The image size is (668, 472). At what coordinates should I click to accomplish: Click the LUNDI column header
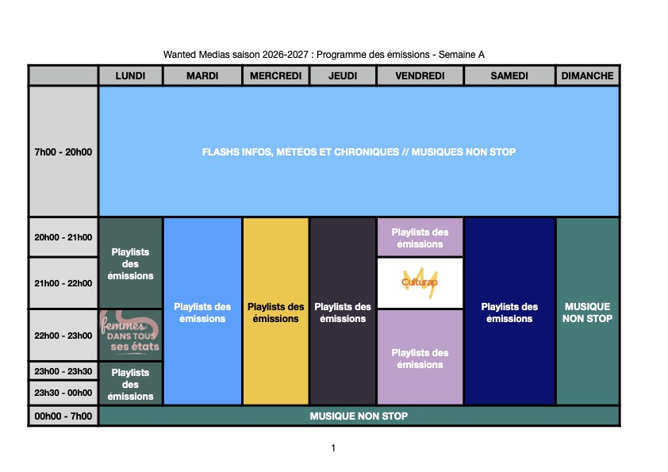coord(130,76)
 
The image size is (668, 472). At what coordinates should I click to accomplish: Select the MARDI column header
coord(202,76)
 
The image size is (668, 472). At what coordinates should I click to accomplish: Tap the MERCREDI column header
coord(275,76)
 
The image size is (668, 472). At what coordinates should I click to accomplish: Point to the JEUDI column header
coord(343,76)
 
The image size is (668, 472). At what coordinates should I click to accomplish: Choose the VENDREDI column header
coord(420,76)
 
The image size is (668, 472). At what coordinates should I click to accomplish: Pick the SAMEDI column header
coord(509,76)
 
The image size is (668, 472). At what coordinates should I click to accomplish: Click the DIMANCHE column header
coord(588,76)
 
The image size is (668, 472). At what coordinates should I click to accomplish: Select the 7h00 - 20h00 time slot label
coord(63,152)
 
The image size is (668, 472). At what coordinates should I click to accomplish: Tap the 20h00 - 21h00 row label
coord(63,237)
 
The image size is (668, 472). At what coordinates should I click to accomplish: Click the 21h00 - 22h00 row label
coord(63,283)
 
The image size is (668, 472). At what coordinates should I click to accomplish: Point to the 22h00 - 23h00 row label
coord(63,336)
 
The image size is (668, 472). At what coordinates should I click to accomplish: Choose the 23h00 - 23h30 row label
coord(63,371)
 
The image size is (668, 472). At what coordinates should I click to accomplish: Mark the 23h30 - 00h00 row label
coord(63,393)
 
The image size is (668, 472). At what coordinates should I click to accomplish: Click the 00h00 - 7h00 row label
coord(63,416)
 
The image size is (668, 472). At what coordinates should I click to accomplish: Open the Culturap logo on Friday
coord(420,282)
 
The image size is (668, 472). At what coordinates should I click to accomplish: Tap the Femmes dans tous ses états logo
coord(130,336)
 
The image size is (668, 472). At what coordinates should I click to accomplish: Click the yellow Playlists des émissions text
coord(275,313)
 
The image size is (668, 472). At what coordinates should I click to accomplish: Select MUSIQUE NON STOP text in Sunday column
coord(588,313)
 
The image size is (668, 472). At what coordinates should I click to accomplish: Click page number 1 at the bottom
coord(333,447)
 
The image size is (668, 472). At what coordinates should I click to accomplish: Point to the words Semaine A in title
coord(462,55)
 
